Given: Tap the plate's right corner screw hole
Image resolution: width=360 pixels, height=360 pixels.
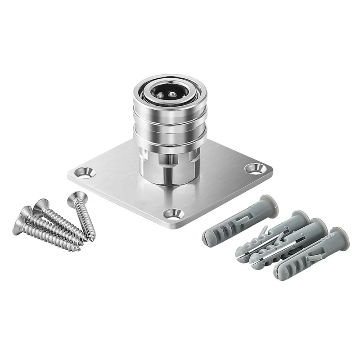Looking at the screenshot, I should (255, 168).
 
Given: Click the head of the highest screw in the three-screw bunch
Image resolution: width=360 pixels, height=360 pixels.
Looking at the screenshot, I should (40, 205).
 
